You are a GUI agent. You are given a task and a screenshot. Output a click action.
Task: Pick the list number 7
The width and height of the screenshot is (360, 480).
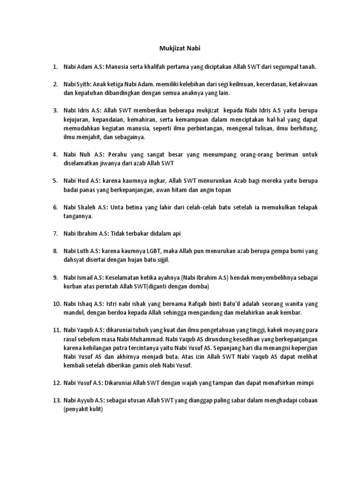coord(54,233)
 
